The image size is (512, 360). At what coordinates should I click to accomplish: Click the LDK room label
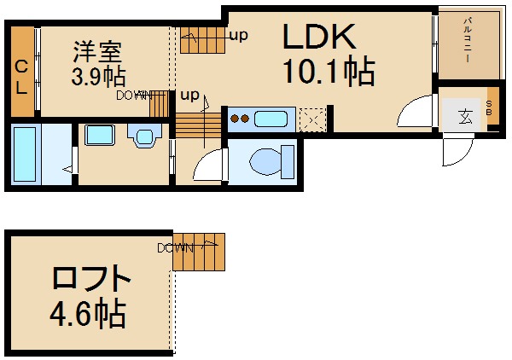point(319,36)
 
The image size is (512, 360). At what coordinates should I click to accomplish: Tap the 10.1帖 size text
point(329,71)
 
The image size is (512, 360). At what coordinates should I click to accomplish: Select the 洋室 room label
point(97,51)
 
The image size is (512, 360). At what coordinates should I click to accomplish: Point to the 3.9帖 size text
point(99,77)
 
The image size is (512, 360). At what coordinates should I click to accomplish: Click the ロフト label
point(92,278)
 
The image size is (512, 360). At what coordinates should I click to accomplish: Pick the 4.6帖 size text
point(88,312)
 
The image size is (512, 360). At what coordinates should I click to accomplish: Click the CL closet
point(22,72)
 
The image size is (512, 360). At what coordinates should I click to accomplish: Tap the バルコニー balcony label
point(468,40)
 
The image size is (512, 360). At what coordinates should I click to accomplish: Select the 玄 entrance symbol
point(465,117)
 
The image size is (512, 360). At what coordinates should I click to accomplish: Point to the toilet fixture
point(272,161)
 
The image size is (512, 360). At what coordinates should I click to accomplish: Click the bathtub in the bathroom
point(25,154)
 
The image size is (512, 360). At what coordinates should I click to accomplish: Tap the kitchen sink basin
point(271,119)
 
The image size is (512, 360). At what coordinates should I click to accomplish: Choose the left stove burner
point(235,119)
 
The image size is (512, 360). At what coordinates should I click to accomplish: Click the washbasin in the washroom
point(145,136)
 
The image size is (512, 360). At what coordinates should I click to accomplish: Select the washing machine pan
point(100,135)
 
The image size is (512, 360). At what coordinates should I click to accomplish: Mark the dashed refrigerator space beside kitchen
point(313,119)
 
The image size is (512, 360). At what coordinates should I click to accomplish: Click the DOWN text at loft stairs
point(175,248)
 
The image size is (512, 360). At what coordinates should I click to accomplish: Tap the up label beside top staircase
point(239,35)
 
